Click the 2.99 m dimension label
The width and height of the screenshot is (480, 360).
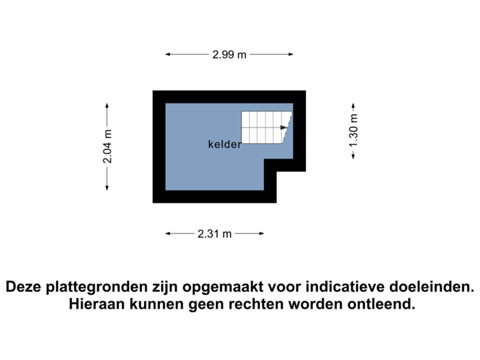point(230,55)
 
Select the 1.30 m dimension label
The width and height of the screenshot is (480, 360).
point(353,131)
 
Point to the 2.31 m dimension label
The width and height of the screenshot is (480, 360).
point(215,233)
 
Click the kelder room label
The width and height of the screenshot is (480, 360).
point(224,144)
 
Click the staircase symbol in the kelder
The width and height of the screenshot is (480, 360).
point(265,127)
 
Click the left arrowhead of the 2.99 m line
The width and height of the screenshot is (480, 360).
point(168,55)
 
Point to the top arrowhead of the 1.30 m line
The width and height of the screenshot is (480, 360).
point(353,104)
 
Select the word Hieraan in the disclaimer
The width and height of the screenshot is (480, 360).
point(94,305)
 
